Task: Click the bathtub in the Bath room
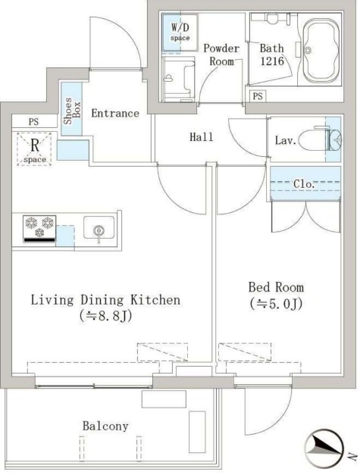[321, 50]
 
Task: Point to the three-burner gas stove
[39, 229]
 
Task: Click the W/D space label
[180, 32]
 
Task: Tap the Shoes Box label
[72, 111]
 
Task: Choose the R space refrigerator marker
[35, 149]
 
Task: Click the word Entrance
[115, 114]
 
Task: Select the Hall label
[201, 137]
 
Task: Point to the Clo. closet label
[304, 184]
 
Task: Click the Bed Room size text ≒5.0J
[276, 304]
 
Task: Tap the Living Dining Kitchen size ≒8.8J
[105, 316]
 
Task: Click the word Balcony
[105, 427]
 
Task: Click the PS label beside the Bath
[258, 96]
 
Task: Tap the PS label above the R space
[33, 122]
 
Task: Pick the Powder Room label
[221, 55]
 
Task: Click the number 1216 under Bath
[272, 61]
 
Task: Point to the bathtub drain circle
[308, 50]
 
